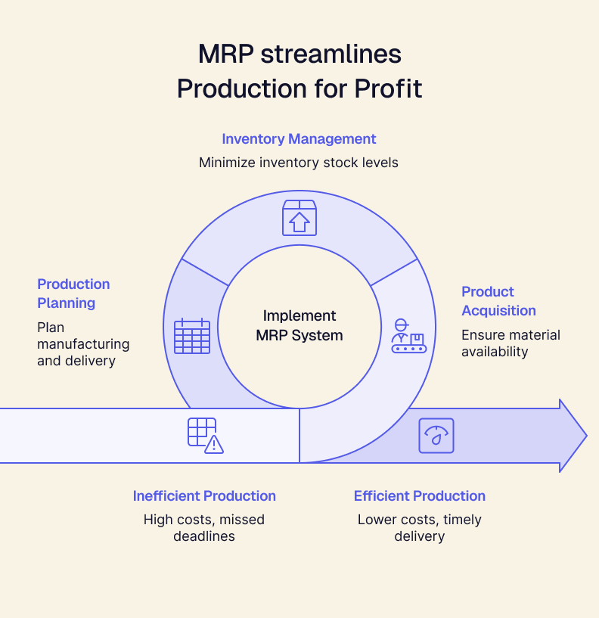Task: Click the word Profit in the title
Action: (388, 89)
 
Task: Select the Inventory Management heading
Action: (299, 138)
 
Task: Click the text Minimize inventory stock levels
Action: (299, 163)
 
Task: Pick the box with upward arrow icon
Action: (299, 218)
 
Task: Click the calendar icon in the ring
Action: (192, 337)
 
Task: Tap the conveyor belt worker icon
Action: (408, 336)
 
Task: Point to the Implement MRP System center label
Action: (299, 325)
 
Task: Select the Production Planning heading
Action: (73, 293)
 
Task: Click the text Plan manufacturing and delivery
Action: (83, 344)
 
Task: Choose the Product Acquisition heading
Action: (498, 301)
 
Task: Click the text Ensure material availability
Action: (511, 343)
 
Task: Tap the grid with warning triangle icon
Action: (205, 436)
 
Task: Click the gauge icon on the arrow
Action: (436, 436)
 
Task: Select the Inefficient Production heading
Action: (204, 496)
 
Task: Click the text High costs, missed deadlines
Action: (204, 528)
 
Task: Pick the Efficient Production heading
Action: (420, 496)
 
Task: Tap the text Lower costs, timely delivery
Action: (420, 528)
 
